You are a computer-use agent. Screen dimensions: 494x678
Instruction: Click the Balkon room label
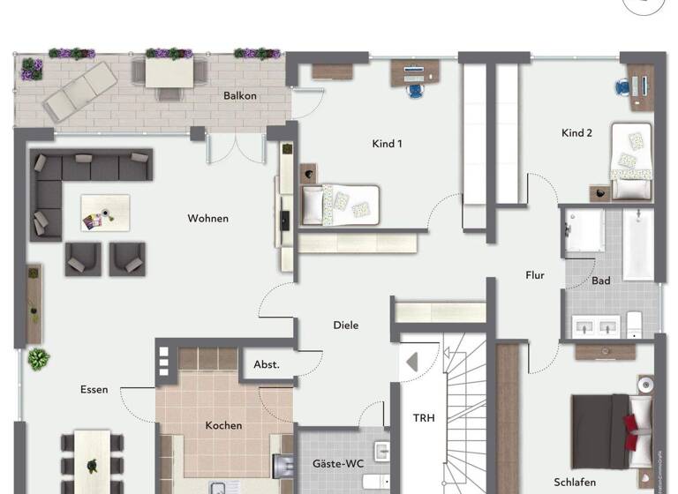[x=240, y=95]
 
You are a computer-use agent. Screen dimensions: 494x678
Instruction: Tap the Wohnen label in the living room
[x=208, y=218]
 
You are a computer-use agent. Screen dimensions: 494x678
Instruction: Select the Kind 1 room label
[x=388, y=143]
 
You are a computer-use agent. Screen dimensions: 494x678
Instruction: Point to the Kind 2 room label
[x=576, y=133]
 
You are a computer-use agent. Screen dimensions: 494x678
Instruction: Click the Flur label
[x=535, y=275]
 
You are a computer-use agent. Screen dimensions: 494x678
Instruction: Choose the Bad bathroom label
[x=601, y=281]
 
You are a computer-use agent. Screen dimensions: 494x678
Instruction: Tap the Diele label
[x=346, y=326]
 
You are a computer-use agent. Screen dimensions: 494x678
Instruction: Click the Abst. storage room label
[x=267, y=363]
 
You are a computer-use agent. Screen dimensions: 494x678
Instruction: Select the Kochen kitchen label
[x=223, y=425]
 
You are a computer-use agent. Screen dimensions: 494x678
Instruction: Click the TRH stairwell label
[x=425, y=418]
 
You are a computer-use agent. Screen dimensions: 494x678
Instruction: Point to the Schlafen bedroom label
[x=575, y=483]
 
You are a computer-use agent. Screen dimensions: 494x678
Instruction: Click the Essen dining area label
[x=94, y=389]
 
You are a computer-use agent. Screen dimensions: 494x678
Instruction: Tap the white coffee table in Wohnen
[x=105, y=213]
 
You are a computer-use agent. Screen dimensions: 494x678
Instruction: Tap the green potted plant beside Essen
[x=38, y=359]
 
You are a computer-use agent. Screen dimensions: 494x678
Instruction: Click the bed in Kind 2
[x=630, y=161]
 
